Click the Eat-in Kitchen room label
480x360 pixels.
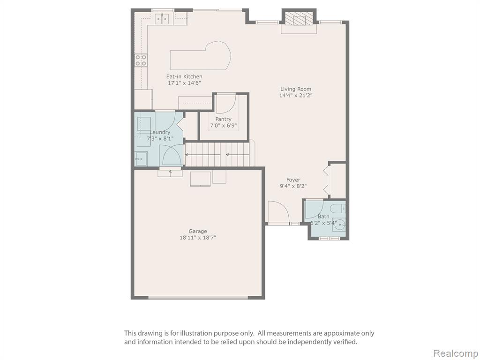pos(184,76)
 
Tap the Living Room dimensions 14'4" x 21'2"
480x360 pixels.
pos(295,95)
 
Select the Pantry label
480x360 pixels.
pos(223,119)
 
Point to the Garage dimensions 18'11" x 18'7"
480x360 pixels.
pos(198,237)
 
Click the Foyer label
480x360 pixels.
pos(293,180)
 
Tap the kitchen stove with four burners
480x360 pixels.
pos(141,60)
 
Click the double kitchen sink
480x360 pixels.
pos(162,19)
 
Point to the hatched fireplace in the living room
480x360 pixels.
pos(299,20)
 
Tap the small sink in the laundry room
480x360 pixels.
pos(141,159)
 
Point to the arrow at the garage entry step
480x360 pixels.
pos(170,173)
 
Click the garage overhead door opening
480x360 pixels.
pos(198,297)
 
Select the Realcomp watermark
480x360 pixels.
pos(456,353)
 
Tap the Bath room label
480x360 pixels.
pos(323,217)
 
